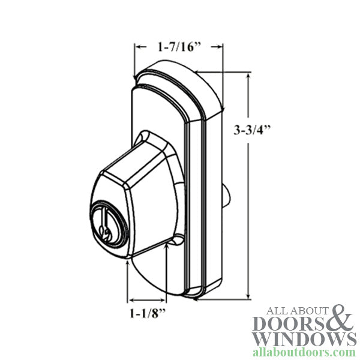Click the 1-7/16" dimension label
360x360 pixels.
[178, 46]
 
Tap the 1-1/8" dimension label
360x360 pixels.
[146, 313]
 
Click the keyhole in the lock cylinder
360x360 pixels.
[104, 229]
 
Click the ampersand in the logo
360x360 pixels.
[342, 319]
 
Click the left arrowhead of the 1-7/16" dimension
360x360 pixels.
[137, 46]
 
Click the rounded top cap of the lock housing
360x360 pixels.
[174, 69]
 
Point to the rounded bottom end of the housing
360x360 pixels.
[162, 282]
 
